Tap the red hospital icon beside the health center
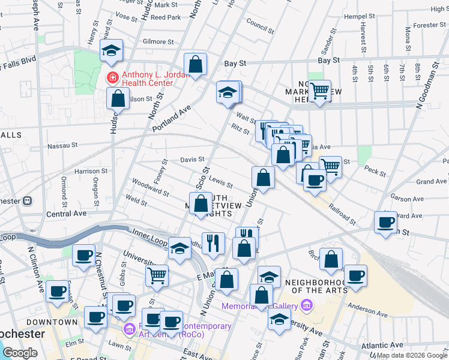[x=111, y=77]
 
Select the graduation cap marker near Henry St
[x=112, y=51]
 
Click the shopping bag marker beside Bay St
[x=196, y=64]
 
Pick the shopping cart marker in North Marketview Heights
[x=320, y=91]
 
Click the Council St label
[x=260, y=26]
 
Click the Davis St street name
[x=193, y=160]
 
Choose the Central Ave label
[x=67, y=213]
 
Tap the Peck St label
[x=375, y=172]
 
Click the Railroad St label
[x=342, y=213]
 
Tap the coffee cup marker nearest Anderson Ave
[x=355, y=276]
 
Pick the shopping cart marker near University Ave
[x=157, y=275]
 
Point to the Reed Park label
[x=166, y=17]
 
